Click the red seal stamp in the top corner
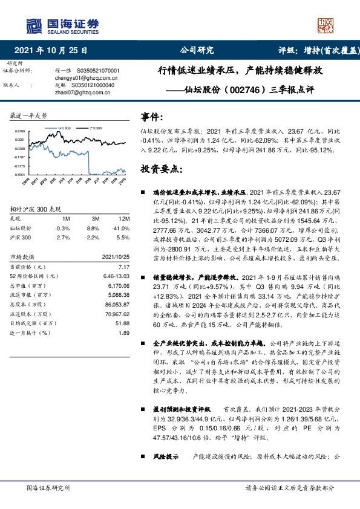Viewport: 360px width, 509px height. click(x=325, y=24)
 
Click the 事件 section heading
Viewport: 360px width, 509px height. click(x=151, y=116)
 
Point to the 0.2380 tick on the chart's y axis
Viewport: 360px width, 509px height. click(x=20, y=131)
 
